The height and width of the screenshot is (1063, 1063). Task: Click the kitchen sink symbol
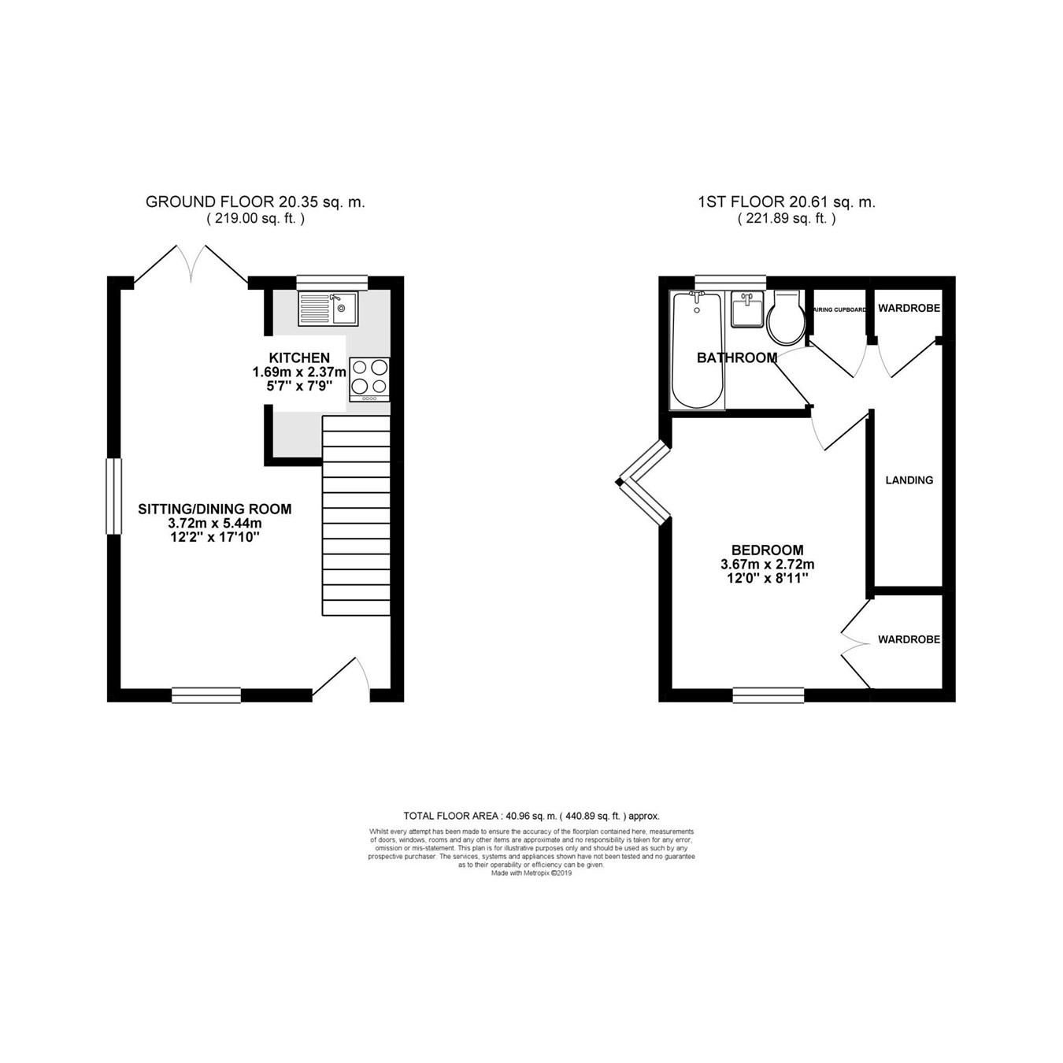[x=328, y=308]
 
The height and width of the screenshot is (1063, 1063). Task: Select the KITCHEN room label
[x=299, y=357]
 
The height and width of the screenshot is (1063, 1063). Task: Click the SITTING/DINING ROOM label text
[x=215, y=509]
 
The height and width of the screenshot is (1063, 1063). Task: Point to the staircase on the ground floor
[x=356, y=516]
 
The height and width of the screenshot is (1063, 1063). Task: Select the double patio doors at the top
[x=190, y=263]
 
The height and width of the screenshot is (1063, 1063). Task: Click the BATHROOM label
[x=737, y=357]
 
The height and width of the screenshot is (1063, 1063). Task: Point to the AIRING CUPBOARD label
[x=839, y=309]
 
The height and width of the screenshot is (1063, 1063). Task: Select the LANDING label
[x=909, y=480]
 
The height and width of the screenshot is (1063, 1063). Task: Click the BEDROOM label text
[x=767, y=550]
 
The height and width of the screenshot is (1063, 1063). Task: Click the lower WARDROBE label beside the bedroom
[x=909, y=639]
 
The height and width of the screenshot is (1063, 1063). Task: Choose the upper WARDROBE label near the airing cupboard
[x=909, y=308]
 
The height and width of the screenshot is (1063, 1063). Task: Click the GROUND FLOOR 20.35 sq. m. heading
[x=255, y=202]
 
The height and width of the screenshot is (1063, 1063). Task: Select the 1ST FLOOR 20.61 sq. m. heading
[x=787, y=202]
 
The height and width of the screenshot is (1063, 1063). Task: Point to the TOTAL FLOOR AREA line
[x=531, y=816]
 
